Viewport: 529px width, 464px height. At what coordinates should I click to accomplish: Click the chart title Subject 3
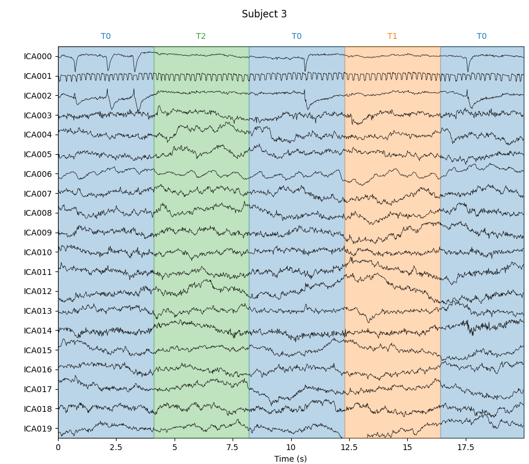pos(264,14)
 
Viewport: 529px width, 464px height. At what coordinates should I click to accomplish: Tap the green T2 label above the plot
pos(201,37)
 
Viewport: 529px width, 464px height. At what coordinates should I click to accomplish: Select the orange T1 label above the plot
pos(392,37)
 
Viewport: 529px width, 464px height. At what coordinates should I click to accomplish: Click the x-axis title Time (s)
pos(291,459)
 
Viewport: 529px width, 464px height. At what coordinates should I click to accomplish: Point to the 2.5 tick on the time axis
pos(116,447)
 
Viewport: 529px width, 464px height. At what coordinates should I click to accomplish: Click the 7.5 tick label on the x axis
pos(233,447)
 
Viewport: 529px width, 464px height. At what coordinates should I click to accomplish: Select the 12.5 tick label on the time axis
pos(349,447)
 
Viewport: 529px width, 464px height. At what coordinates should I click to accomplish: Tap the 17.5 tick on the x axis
pos(466,447)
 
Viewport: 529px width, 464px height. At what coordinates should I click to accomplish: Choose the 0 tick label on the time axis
pos(58,447)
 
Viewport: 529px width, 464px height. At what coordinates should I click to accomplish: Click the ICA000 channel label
pos(38,57)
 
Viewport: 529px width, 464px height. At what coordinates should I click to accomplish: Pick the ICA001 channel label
pos(38,76)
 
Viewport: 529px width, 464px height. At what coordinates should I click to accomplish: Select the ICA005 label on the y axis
pos(38,154)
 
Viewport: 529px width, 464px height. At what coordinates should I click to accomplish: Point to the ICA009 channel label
pos(38,233)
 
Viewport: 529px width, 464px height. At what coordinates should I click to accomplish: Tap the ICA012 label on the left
pos(38,291)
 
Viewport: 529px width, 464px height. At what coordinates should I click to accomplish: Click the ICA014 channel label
pos(38,331)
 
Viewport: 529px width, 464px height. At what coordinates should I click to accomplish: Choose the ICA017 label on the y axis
pos(38,389)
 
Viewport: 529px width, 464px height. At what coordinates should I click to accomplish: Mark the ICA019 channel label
pos(38,429)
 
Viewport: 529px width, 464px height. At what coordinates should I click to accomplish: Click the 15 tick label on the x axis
pos(407,447)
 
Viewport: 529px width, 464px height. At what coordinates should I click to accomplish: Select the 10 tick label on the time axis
pos(291,447)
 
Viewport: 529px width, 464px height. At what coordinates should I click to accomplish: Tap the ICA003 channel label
pos(38,115)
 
